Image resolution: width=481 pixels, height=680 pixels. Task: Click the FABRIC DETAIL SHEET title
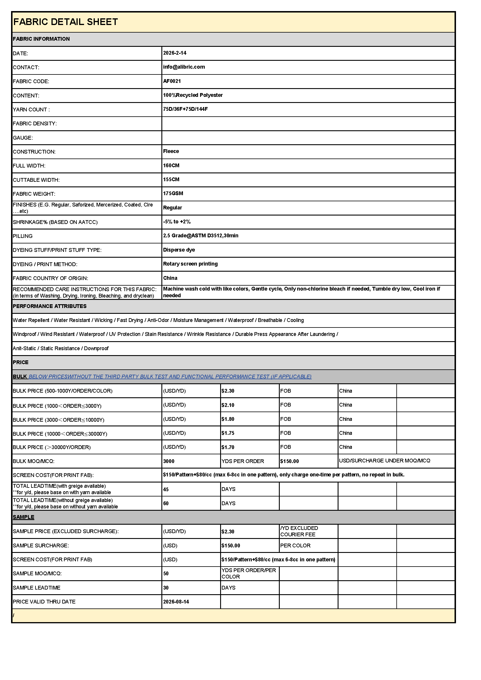pos(65,22)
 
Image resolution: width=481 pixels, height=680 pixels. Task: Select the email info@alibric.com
pos(184,67)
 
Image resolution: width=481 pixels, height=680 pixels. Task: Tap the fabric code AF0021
pos(172,81)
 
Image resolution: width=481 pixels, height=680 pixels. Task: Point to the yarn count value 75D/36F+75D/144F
pos(185,109)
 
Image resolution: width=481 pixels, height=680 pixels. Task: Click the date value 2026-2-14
pos(174,53)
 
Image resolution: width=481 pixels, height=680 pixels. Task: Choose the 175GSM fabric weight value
pos(173,193)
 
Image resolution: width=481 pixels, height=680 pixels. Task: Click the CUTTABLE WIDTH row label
pos(36,180)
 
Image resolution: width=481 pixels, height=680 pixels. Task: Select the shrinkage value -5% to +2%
pos(177,222)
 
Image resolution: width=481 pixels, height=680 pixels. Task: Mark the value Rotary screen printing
pos(190,264)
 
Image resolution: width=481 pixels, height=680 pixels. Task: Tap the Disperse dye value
pos(179,250)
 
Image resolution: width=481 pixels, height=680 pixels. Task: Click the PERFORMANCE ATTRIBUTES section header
pos(49,306)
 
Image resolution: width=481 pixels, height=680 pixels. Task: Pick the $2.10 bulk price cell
pos(228,405)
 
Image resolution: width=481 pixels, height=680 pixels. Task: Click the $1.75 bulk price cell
pos(228,433)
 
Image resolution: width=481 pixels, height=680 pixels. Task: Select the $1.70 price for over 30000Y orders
pos(228,447)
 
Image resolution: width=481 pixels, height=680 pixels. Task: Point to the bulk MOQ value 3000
pos(169,461)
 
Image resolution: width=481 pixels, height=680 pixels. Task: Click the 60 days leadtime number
pos(166,503)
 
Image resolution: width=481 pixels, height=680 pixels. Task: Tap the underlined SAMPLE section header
pos(23,517)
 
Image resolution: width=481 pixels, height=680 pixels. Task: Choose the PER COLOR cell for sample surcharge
pos(295,546)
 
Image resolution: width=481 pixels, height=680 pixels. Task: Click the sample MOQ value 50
pos(166,574)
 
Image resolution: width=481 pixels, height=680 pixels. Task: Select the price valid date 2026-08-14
pos(176,602)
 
